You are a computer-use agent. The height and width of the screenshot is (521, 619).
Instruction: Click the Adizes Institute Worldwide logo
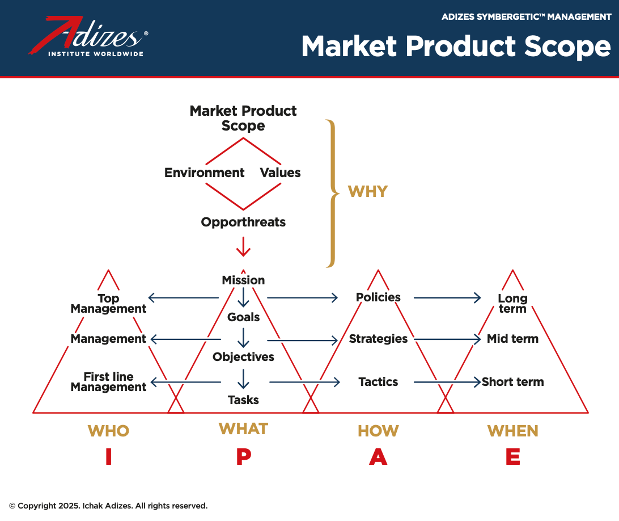[x=88, y=36]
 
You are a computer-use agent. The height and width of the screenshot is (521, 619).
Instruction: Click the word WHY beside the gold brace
[x=367, y=192]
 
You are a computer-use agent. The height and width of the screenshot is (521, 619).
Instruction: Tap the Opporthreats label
[x=243, y=222]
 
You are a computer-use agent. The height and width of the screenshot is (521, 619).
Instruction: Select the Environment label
[x=204, y=173]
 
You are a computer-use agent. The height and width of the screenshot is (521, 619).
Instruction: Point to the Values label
[x=280, y=173]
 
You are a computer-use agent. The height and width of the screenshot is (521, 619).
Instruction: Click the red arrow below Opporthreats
[x=243, y=247]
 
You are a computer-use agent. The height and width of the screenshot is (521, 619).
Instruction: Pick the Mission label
[x=243, y=280]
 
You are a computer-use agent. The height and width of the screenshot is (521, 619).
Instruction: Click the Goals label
[x=243, y=317]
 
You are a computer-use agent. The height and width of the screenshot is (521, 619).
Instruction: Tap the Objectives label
[x=243, y=357]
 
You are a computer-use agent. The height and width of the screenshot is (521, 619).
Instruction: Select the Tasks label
[x=243, y=400]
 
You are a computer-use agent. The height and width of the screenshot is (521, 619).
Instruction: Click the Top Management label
[x=108, y=303]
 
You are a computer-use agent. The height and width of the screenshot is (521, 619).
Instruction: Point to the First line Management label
[x=108, y=382]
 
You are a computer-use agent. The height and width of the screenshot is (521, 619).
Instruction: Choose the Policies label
[x=378, y=297]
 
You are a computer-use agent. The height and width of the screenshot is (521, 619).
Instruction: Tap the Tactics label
[x=378, y=382]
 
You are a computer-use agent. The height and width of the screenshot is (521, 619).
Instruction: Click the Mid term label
[x=512, y=339]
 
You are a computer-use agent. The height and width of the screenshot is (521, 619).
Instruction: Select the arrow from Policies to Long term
[x=447, y=297]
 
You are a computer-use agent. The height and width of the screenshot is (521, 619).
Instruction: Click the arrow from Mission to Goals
[x=243, y=297]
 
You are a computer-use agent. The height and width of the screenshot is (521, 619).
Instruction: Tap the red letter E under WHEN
[x=513, y=457]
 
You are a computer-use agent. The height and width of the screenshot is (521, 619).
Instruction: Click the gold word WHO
[x=109, y=431]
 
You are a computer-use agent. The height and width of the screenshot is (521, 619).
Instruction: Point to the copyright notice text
[x=108, y=506]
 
